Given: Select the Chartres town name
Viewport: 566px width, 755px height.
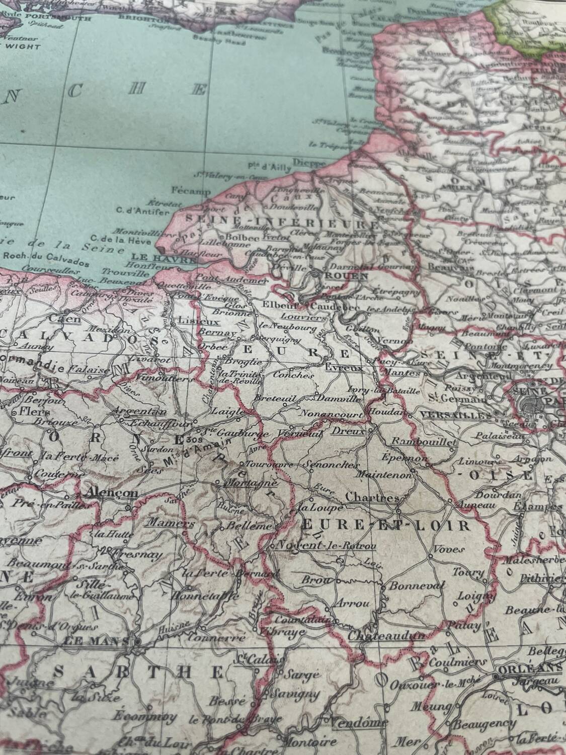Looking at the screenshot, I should (x=373, y=497).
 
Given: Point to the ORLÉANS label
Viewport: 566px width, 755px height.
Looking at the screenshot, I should (x=529, y=667).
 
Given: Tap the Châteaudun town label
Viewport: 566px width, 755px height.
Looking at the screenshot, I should (x=386, y=636).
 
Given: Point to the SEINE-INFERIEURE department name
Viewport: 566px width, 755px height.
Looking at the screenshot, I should (x=282, y=221).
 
